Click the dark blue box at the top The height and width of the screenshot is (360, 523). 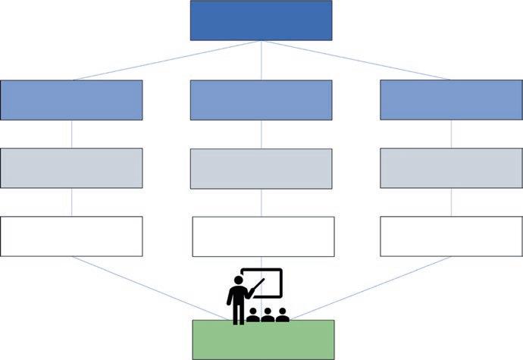[x=261, y=20]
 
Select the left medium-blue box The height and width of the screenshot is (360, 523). [x=71, y=100]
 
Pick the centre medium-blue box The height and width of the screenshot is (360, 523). [x=261, y=100]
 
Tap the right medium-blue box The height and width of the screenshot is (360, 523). [x=451, y=100]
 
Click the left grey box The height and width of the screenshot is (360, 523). [x=71, y=168]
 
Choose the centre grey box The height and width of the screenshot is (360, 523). [x=261, y=168]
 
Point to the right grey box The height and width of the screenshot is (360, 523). [x=451, y=168]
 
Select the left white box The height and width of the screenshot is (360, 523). [x=71, y=236]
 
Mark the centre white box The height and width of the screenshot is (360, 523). [x=263, y=236]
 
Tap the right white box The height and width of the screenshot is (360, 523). [x=451, y=236]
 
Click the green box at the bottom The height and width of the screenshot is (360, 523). [x=263, y=339]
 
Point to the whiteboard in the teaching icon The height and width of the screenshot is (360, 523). [x=265, y=282]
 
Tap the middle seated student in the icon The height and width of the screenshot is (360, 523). [x=267, y=314]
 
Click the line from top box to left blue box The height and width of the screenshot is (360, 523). [x=167, y=60]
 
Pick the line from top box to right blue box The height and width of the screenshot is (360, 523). [x=356, y=60]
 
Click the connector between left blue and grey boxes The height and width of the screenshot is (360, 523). [x=71, y=134]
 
